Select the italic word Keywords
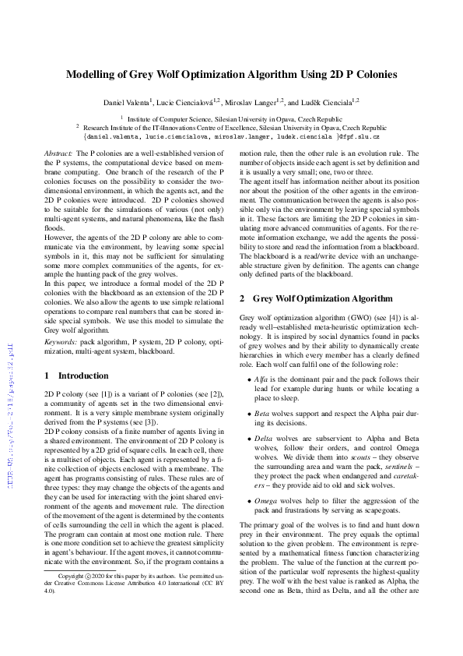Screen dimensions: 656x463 click(61, 340)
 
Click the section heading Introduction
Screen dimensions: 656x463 click(83, 376)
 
